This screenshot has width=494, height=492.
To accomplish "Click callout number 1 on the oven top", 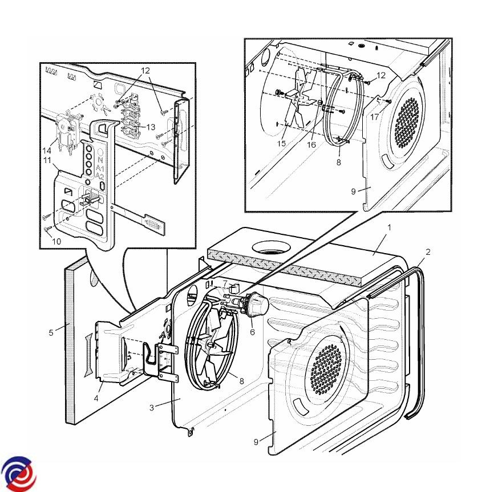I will (388, 227).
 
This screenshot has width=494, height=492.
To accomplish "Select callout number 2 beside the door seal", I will (427, 251).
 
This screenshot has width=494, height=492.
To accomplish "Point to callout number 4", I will (97, 397).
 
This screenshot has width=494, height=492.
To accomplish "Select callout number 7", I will (225, 283).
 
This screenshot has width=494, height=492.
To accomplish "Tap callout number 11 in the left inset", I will (49, 161).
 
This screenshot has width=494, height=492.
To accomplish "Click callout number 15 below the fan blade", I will (282, 143).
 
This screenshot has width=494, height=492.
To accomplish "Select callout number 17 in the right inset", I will (374, 117).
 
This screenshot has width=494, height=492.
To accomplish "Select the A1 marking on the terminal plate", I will (100, 169).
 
